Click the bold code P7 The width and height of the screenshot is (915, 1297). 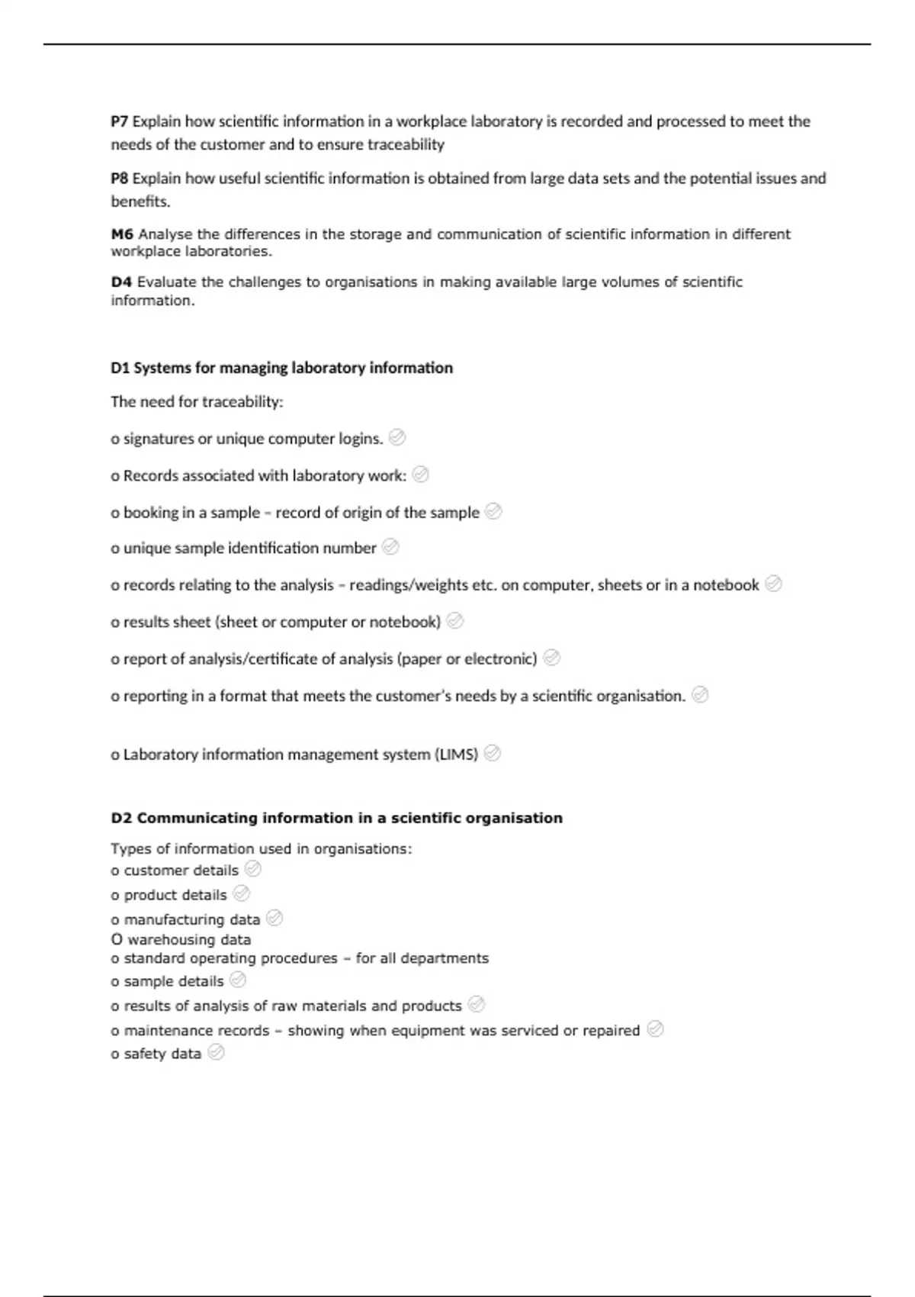click(120, 121)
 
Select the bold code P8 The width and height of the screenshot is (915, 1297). click(120, 179)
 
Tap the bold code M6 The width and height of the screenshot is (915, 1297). click(122, 234)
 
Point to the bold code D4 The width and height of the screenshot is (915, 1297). click(121, 282)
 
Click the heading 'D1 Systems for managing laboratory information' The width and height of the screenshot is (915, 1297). click(281, 368)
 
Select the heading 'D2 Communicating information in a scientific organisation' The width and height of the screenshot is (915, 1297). click(336, 818)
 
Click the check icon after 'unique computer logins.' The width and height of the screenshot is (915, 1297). click(396, 437)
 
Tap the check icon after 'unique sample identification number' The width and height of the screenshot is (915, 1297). click(390, 547)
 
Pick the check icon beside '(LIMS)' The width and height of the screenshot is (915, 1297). click(493, 753)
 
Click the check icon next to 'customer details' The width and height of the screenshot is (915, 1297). click(253, 869)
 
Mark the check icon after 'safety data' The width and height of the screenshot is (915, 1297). click(216, 1053)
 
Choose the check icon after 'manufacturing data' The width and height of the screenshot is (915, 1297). click(274, 919)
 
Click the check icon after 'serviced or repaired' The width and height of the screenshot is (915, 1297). click(654, 1029)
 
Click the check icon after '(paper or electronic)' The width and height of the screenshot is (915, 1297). click(551, 658)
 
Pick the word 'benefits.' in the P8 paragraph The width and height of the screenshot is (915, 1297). click(140, 201)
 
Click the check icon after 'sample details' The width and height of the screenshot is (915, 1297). click(238, 980)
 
